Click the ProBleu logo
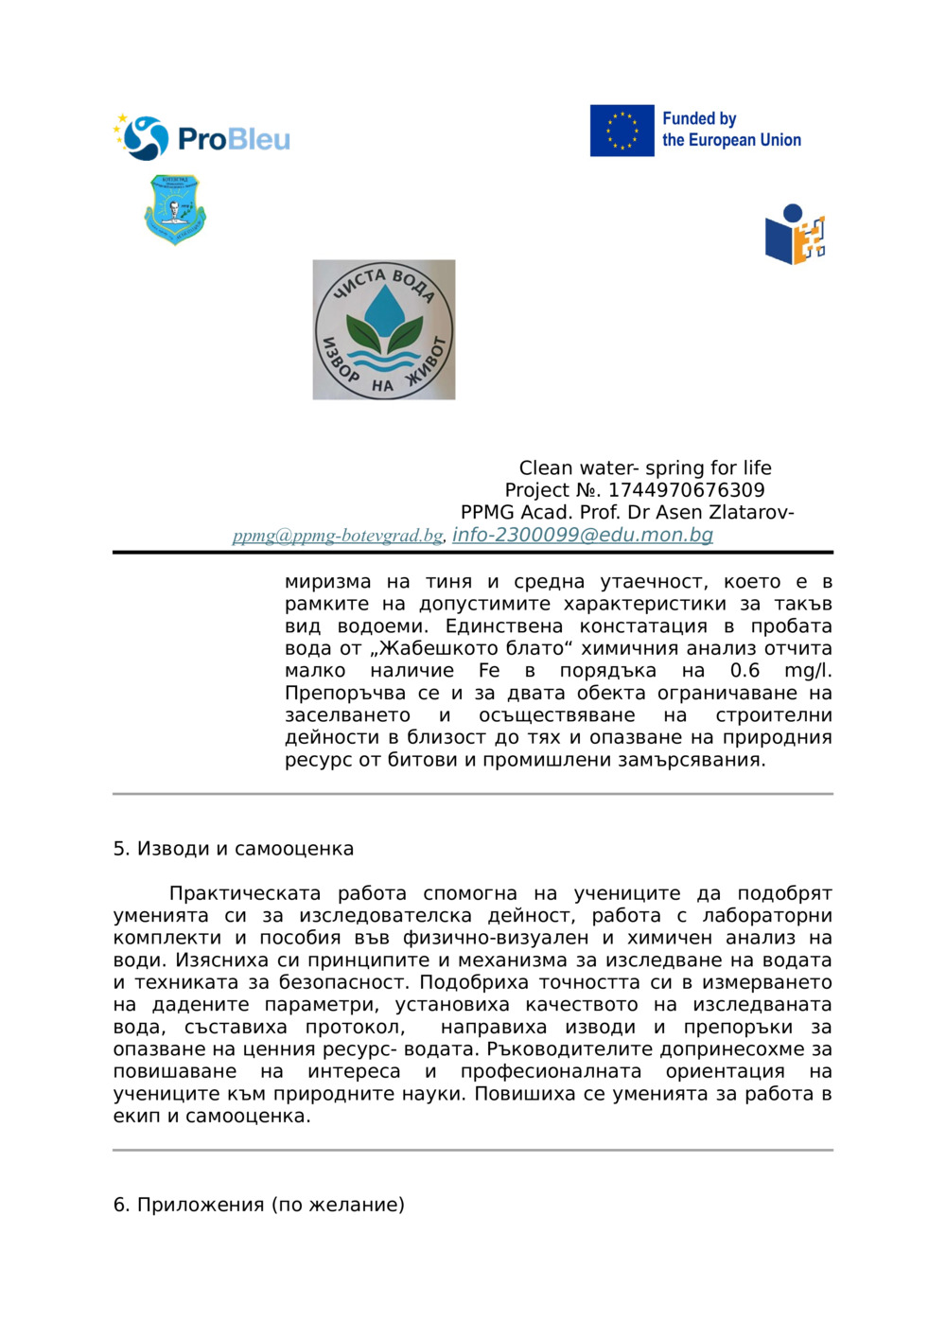[x=201, y=138]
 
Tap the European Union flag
[x=622, y=131]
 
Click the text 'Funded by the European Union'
[x=730, y=130]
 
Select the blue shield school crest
[x=175, y=209]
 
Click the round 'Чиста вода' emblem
[x=384, y=329]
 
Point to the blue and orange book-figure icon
[x=795, y=235]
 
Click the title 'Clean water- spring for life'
[x=645, y=467]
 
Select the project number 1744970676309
[x=686, y=490]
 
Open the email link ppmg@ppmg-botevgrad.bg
[x=338, y=536]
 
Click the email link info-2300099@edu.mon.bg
[x=582, y=535]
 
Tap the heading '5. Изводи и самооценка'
[x=233, y=849]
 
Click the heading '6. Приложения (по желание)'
[x=258, y=1205]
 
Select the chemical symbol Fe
[x=489, y=671]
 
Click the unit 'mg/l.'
[x=808, y=671]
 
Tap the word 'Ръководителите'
[x=564, y=1049]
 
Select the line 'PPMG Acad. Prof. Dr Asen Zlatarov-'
[x=627, y=513]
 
